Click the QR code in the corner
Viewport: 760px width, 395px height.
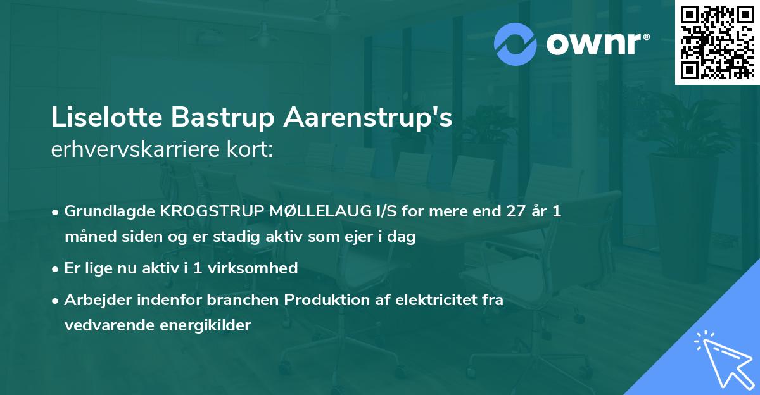point(717,42)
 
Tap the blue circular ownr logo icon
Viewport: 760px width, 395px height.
point(515,44)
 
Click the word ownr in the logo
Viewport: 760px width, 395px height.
point(594,44)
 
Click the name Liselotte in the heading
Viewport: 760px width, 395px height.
point(107,117)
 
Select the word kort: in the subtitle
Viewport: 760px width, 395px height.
point(250,149)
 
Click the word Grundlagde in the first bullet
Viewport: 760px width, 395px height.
point(110,211)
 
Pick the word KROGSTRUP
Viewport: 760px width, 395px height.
point(212,211)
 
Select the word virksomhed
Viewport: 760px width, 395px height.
point(253,268)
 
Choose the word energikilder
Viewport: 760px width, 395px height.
point(205,326)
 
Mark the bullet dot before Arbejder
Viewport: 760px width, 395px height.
point(55,301)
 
